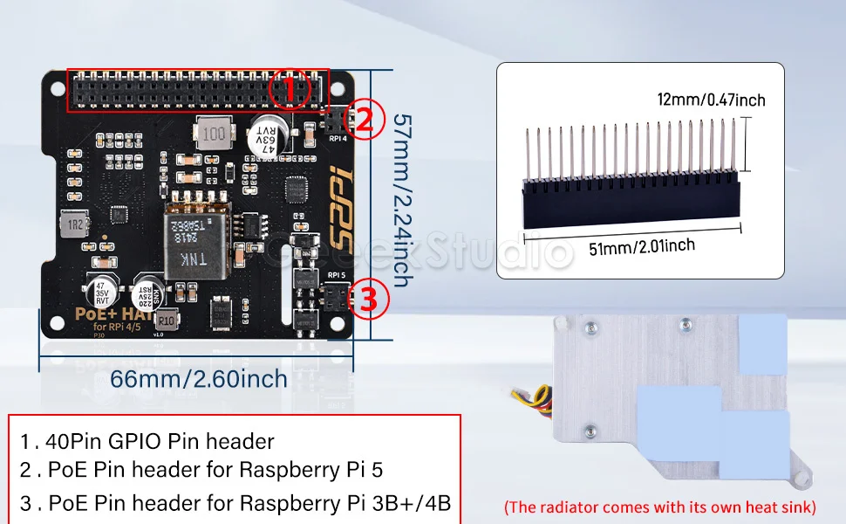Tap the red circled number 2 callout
[365, 120]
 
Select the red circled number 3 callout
[367, 300]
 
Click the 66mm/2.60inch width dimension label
[198, 379]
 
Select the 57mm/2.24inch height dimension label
[400, 200]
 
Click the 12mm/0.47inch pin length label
[711, 100]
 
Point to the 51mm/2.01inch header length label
[641, 247]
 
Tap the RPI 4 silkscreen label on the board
[338, 137]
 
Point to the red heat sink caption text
[660, 507]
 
